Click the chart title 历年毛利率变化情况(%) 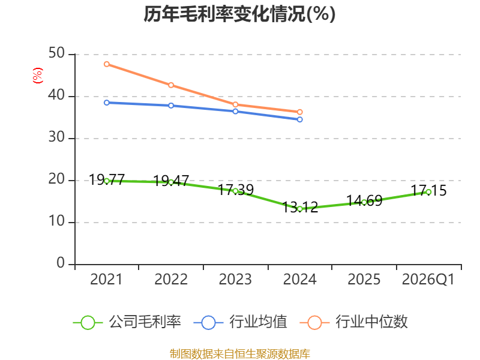pyautogui.click(x=239, y=14)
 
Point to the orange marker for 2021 pyautogui.click(x=107, y=64)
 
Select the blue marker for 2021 pyautogui.click(x=107, y=103)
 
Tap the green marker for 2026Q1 pyautogui.click(x=428, y=192)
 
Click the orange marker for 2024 pyautogui.click(x=299, y=112)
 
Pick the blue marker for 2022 pyautogui.click(x=171, y=106)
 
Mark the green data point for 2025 pyautogui.click(x=364, y=202)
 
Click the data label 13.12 pyautogui.click(x=300, y=207)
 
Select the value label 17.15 pyautogui.click(x=428, y=190)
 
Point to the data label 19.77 pyautogui.click(x=107, y=179)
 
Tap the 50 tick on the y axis pyautogui.click(x=56, y=53)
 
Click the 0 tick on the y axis pyautogui.click(x=61, y=263)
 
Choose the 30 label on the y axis pyautogui.click(x=56, y=137)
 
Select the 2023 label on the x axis pyautogui.click(x=235, y=279)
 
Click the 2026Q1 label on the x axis pyautogui.click(x=428, y=280)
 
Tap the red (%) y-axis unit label pyautogui.click(x=38, y=76)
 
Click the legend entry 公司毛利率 pyautogui.click(x=127, y=322)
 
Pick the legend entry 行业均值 pyautogui.click(x=241, y=322)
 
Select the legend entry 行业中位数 pyautogui.click(x=353, y=322)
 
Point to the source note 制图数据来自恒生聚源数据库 pyautogui.click(x=239, y=354)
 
